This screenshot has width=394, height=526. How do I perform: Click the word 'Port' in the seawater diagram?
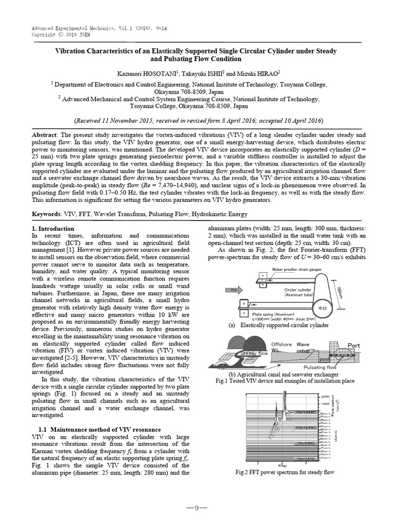coord(354,345)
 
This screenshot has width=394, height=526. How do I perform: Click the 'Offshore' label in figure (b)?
coord(281,344)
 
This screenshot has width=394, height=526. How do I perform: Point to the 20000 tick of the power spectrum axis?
coord(325,397)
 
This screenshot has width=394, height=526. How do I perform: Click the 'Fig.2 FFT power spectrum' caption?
coord(285,472)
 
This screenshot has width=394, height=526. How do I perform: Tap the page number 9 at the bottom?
coord(196,508)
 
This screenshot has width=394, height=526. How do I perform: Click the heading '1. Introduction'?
coord(53,229)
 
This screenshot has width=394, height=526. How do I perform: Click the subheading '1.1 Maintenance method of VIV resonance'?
coord(100,429)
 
